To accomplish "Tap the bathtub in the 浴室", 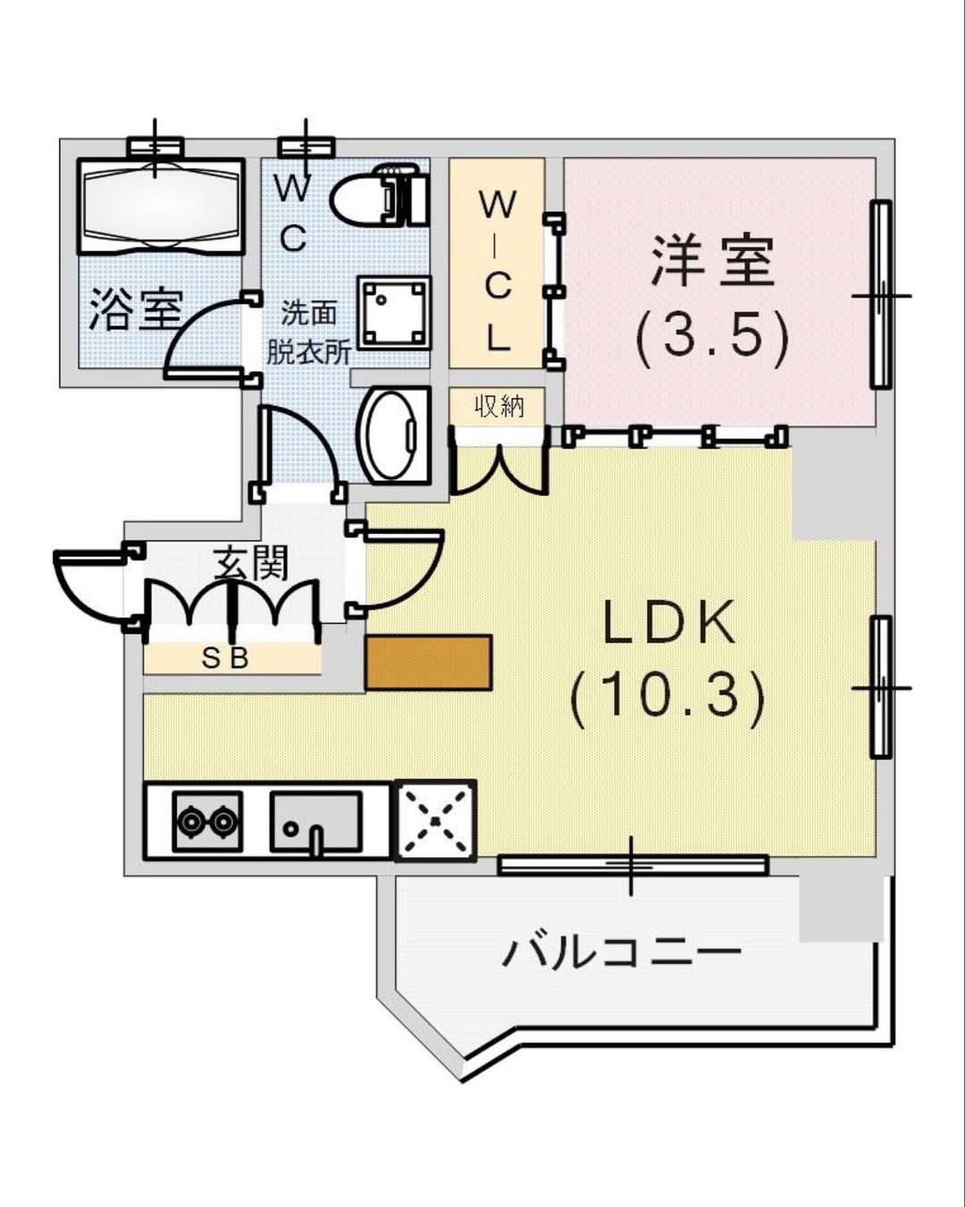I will tap(161, 207).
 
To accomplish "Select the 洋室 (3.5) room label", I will tap(713, 299).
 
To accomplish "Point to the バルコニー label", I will tap(622, 951).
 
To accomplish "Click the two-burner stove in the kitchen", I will tap(207, 821).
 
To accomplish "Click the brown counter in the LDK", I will tap(429, 662).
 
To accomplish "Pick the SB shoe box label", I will tap(225, 659).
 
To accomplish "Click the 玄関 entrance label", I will tap(250, 562).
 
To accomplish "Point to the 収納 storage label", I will tap(498, 406).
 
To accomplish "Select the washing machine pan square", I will tap(394, 311).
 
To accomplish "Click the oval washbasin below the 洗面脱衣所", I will tap(393, 435).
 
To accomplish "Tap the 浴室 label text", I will tap(136, 310).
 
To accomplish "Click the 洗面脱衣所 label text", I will tap(308, 332).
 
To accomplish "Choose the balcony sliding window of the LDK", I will tap(633, 865).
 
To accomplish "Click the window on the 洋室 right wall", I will tap(881, 295).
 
